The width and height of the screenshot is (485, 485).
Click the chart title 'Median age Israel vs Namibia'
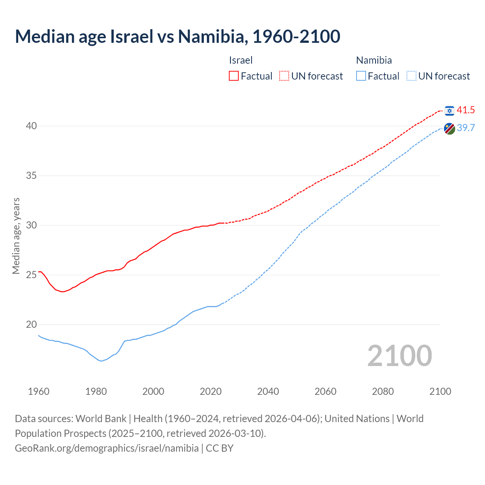[177, 36]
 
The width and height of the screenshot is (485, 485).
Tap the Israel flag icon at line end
[449, 110]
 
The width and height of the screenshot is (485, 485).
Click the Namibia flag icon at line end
[449, 128]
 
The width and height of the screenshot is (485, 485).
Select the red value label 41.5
[466, 110]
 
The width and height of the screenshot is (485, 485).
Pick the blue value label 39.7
[466, 128]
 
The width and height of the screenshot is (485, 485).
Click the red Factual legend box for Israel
[234, 76]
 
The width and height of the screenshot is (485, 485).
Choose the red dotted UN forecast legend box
[284, 76]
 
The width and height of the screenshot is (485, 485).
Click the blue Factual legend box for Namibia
[361, 76]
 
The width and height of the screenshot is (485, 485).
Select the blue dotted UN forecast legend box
[411, 76]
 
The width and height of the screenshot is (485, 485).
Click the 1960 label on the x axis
[39, 391]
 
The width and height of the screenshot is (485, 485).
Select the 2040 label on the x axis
[268, 391]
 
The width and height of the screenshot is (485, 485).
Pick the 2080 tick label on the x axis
[383, 391]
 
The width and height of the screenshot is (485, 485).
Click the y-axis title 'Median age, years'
[16, 236]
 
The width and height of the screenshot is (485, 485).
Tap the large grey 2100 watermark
[399, 355]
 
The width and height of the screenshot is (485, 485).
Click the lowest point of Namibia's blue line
[101, 361]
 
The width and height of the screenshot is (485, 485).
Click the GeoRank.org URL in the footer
[106, 448]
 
